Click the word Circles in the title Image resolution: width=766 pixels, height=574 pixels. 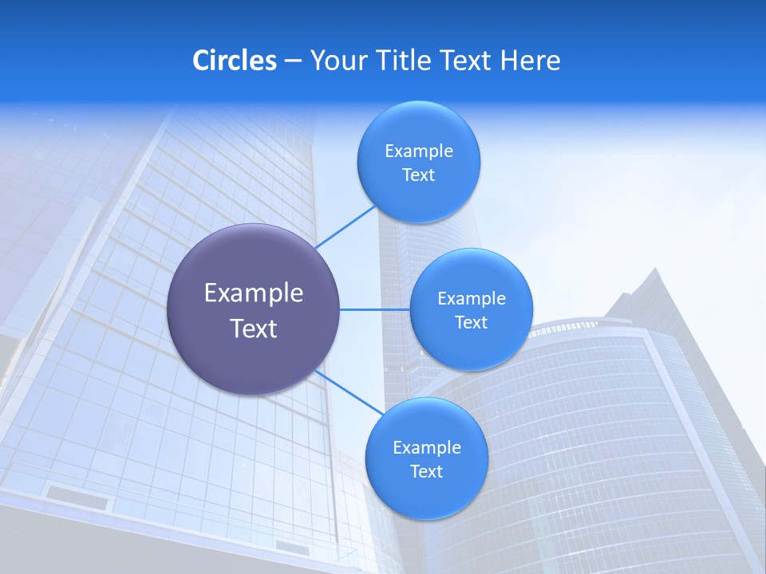click(234, 61)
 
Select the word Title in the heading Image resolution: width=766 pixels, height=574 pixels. click(405, 61)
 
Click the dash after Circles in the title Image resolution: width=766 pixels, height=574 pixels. click(293, 61)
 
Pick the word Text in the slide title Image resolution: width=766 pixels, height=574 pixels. click(466, 61)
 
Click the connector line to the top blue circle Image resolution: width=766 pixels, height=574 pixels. click(345, 227)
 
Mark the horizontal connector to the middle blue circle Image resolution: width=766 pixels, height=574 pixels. click(375, 309)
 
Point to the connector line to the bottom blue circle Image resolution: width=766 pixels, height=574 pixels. click(349, 391)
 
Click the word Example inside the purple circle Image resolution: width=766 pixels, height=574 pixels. click(254, 293)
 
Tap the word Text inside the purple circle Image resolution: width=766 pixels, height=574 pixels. click(254, 328)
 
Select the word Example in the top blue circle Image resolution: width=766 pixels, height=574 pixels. click(418, 151)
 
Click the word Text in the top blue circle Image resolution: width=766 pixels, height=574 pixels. click(418, 175)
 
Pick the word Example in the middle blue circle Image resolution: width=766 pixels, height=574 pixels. click(471, 299)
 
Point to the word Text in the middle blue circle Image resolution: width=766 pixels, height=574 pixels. click(471, 323)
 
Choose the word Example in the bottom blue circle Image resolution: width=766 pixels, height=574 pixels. click(426, 448)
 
